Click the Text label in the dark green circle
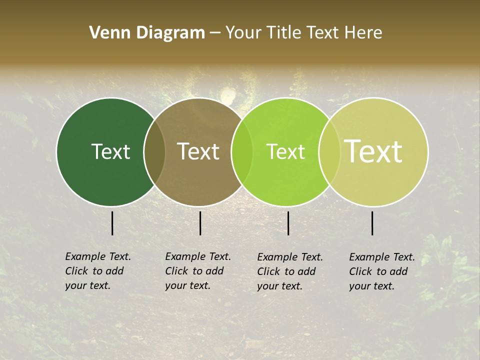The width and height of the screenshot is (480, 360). pyautogui.click(x=110, y=151)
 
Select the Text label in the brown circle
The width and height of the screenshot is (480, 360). pyautogui.click(x=198, y=151)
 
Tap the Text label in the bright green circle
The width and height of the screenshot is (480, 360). pyautogui.click(x=285, y=151)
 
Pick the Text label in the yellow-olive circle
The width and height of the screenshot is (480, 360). pyautogui.click(x=373, y=151)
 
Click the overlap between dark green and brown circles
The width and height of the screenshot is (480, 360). pyautogui.click(x=154, y=152)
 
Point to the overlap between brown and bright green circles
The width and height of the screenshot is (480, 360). pyautogui.click(x=242, y=152)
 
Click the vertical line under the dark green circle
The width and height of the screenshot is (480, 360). pyautogui.click(x=112, y=223)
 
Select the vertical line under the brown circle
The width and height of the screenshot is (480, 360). pyautogui.click(x=200, y=223)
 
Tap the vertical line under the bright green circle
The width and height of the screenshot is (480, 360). pyautogui.click(x=288, y=223)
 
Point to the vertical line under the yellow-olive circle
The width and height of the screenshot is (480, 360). pyautogui.click(x=372, y=223)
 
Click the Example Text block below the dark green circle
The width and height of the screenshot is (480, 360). pyautogui.click(x=98, y=271)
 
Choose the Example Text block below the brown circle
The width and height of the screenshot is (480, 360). pyautogui.click(x=198, y=271)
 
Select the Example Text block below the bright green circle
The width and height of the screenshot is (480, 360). pyautogui.click(x=290, y=271)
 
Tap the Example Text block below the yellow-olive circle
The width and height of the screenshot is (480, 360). pyautogui.click(x=382, y=271)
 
